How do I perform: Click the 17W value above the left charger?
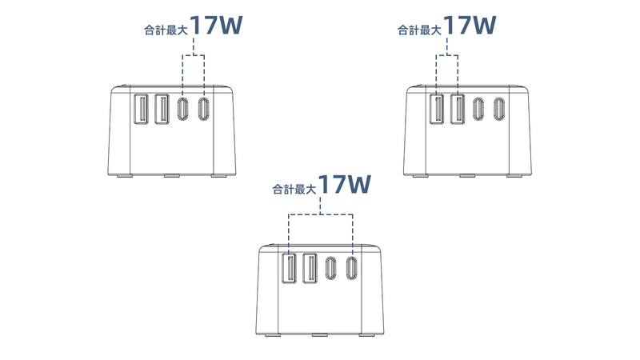coord(216,25)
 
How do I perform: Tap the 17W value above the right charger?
coord(470,25)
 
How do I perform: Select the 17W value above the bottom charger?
coord(345,184)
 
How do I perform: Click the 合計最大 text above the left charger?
coord(166,30)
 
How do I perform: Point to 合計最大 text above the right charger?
coord(419,30)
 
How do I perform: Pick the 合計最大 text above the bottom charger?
coord(294,190)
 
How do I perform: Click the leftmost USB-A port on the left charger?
coord(141,109)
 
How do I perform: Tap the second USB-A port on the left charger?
coord(162,109)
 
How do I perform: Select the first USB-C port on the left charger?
coord(183,109)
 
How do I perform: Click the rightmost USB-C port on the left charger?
coord(203,109)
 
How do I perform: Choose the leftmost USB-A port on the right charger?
coord(436,109)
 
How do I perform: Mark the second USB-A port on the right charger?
coord(458,109)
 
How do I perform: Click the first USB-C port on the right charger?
coord(478,109)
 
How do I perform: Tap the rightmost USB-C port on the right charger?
coord(498,109)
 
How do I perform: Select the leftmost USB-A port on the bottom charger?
coord(289,268)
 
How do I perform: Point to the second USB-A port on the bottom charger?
coord(310,268)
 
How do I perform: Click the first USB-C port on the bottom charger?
coord(331,268)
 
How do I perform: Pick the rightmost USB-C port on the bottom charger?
coord(351,268)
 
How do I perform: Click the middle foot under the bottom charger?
coord(320,335)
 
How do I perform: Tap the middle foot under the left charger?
coord(172,176)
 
